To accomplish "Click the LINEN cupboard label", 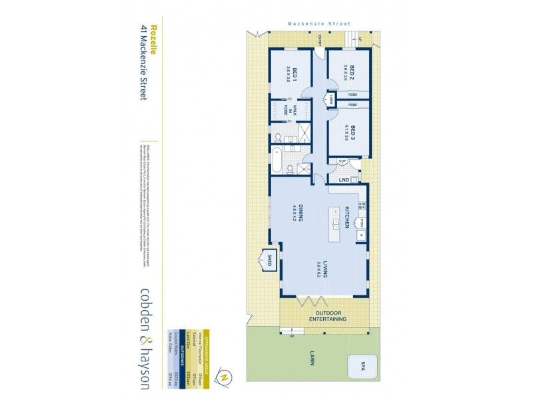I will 330,100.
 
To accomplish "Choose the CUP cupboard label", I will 341,161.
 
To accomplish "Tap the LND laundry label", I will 344,180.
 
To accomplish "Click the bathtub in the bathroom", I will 276,162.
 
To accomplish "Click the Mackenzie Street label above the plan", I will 318,23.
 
